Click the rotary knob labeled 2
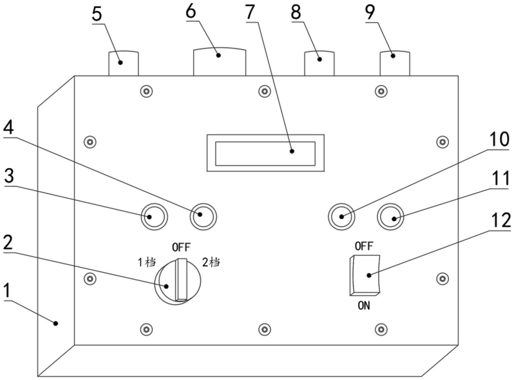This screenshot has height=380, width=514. point(177,281)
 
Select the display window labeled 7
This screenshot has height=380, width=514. point(265,153)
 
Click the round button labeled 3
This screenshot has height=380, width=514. point(154,216)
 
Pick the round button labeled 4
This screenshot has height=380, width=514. point(203,216)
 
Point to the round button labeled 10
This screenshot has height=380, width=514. point(341,216)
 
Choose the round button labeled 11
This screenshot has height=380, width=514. point(390,216)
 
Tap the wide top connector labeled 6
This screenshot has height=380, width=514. point(219,61)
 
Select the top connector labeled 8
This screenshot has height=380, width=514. point(319,63)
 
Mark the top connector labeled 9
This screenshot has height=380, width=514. point(395,63)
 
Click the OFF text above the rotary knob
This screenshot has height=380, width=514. point(181,248)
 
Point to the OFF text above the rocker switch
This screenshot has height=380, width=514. point(364,246)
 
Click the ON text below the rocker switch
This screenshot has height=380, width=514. point(364,306)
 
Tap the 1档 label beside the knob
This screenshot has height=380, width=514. point(147,262)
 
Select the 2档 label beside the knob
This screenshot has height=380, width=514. point(211,262)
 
